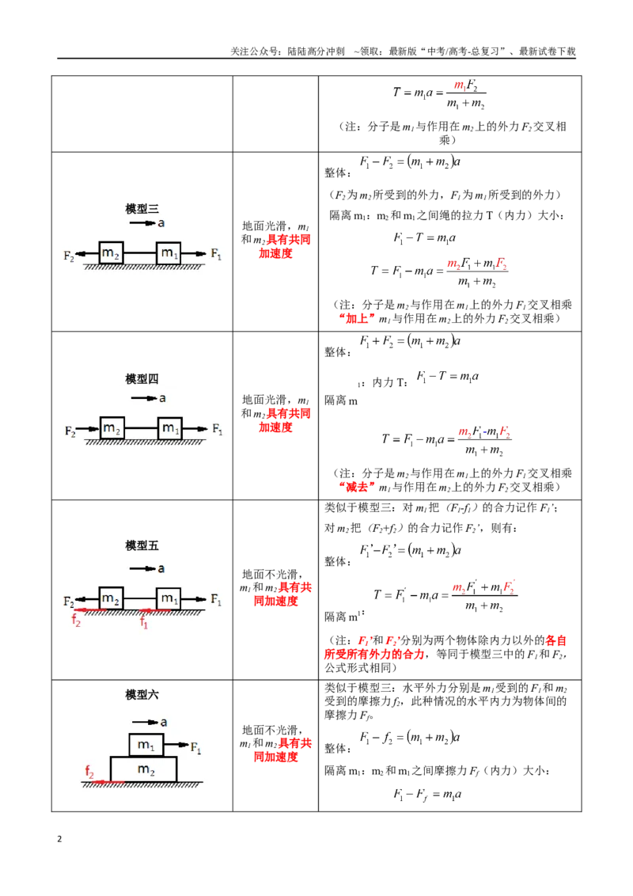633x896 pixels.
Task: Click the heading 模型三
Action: pos(142,209)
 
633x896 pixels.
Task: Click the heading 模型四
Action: pos(142,379)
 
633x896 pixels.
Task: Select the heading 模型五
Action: pos(142,545)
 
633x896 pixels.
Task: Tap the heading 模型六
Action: pos(142,695)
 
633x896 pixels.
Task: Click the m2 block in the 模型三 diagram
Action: pos(111,252)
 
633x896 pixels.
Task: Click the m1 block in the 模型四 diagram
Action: pos(169,428)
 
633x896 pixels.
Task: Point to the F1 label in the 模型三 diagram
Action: pos(216,254)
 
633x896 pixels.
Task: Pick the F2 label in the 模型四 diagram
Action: pos(70,431)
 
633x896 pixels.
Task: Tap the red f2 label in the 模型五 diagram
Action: pos(76,619)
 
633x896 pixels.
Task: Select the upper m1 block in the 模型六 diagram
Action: pos(146,745)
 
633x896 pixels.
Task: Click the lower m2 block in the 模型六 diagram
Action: pos(143,769)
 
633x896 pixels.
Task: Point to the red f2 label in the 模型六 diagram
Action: pos(89,772)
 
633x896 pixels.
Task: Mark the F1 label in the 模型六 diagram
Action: pos(195,747)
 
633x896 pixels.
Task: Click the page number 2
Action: pos(59,839)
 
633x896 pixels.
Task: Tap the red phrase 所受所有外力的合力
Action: pos(375,655)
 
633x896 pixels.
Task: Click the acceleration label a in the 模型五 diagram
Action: pos(161,568)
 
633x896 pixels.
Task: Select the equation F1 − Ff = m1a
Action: pos(427,794)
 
